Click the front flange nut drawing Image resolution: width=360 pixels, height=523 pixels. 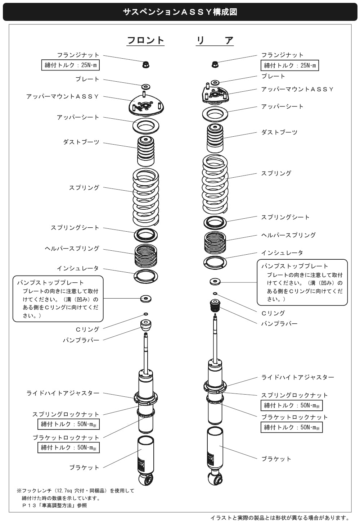pyautogui.click(x=146, y=64)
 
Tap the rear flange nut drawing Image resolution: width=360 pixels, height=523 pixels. pyautogui.click(x=215, y=64)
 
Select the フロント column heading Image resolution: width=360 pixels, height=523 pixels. pyautogui.click(x=145, y=40)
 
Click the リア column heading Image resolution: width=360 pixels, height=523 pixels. pyautogui.click(x=215, y=40)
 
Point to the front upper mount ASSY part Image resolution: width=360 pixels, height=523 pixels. pyautogui.click(x=146, y=105)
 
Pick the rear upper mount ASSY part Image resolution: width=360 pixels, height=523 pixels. pyautogui.click(x=215, y=94)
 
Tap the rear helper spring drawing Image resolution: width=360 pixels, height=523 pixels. pyautogui.click(x=215, y=242)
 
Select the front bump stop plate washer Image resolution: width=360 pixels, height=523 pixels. pyautogui.click(x=146, y=299)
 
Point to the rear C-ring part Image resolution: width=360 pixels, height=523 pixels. pyautogui.click(x=215, y=294)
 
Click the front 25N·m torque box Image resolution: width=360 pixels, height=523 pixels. pyautogui.click(x=70, y=65)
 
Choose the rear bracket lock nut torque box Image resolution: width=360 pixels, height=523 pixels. pyautogui.click(x=292, y=427)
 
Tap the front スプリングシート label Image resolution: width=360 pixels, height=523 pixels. pyautogui.click(x=75, y=228)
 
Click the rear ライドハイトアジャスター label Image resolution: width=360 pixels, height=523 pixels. pyautogui.click(x=298, y=377)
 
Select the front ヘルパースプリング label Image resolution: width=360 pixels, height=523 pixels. pyautogui.click(x=72, y=249)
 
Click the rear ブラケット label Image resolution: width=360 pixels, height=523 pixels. pyautogui.click(x=276, y=459)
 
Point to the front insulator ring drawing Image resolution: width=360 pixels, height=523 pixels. pyautogui.click(x=146, y=277)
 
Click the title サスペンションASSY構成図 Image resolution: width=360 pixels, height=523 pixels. pyautogui.click(x=180, y=12)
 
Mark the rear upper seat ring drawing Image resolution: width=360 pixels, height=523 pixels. pyautogui.click(x=215, y=114)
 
